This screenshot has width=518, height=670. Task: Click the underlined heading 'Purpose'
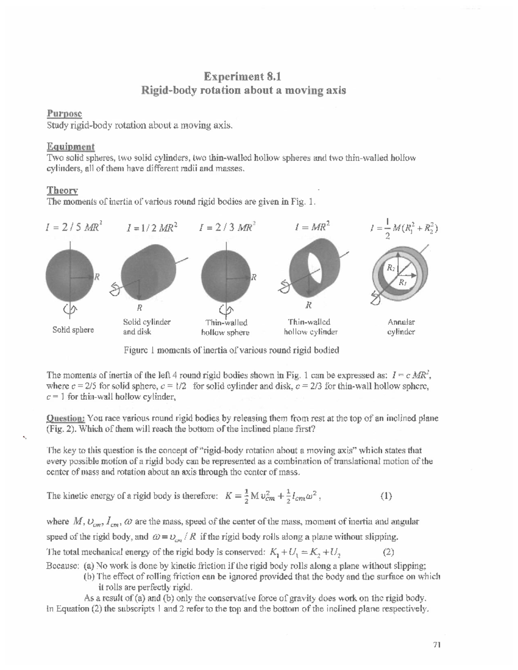tap(64, 113)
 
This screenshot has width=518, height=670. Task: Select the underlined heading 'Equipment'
tap(70, 147)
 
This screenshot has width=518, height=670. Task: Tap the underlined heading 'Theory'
tap(62, 190)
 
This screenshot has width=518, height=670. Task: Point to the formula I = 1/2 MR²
tap(152, 227)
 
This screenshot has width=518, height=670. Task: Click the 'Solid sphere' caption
tap(73, 330)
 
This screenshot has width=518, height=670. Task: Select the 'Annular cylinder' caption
tap(401, 327)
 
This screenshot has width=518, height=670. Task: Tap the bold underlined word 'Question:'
tap(66, 418)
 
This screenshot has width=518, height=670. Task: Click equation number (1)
tap(386, 496)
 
